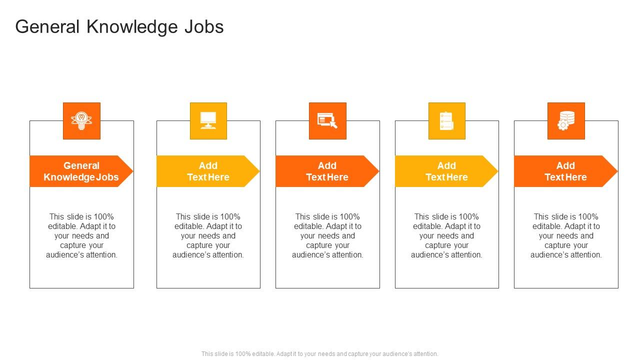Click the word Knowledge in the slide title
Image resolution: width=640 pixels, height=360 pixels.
pos(131,27)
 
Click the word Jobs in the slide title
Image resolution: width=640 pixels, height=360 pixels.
pos(204,26)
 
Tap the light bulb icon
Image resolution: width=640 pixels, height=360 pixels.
pos(81,120)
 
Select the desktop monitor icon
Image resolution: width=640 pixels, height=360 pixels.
pos(208,120)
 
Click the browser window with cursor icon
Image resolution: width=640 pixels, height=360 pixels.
pos(327,120)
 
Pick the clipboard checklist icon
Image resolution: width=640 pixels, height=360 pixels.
pos(446,120)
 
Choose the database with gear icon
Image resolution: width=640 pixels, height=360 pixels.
pos(565,120)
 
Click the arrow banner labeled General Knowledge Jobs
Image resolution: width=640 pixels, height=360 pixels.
pos(81,171)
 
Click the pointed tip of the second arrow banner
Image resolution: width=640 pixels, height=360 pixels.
pos(259,171)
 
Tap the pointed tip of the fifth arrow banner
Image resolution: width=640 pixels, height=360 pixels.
pos(617,171)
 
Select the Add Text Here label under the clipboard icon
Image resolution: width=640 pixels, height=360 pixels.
pos(446,171)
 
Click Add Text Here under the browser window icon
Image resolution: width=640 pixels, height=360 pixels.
pos(327,171)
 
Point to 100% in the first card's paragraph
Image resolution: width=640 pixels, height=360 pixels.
pos(103,216)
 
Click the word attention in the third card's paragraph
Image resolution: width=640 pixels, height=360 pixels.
pos(348,254)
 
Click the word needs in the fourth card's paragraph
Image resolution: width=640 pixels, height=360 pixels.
pos(453,235)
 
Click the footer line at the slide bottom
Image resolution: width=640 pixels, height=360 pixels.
pos(319,353)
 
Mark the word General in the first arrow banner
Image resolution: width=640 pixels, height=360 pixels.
pos(81,165)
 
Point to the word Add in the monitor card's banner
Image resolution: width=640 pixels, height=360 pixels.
pos(208,165)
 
